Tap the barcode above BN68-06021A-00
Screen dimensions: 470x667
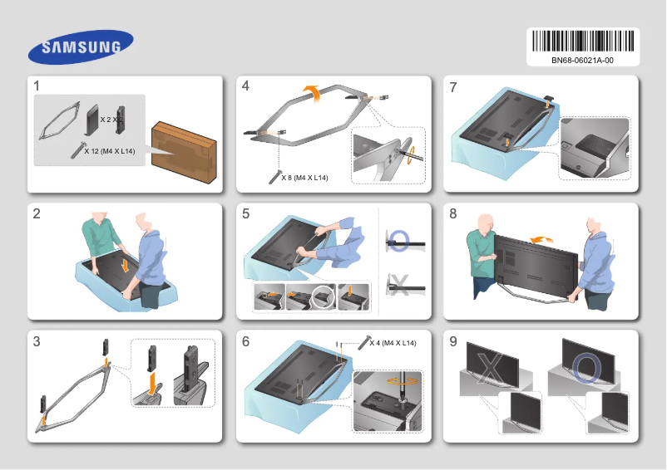click(x=582, y=41)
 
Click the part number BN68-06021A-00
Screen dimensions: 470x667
click(x=582, y=61)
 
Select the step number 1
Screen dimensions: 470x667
click(x=37, y=86)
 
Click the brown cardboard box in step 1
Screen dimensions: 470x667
click(x=184, y=150)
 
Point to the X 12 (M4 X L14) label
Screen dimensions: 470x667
click(x=110, y=151)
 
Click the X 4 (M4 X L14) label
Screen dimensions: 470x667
click(x=393, y=343)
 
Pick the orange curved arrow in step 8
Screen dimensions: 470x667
click(x=541, y=239)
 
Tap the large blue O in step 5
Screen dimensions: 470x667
click(x=399, y=241)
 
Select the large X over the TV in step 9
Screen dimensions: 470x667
click(x=492, y=366)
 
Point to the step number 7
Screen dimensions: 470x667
click(x=452, y=86)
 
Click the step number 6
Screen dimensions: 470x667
click(x=245, y=340)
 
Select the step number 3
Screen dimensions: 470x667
click(x=37, y=340)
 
